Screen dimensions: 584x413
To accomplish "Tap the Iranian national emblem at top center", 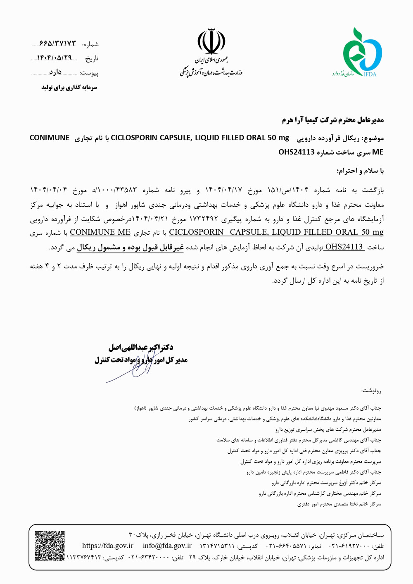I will click(211, 42).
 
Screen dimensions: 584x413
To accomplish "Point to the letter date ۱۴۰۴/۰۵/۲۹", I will click(55, 58).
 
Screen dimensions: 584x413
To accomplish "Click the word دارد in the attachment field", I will click(55, 72).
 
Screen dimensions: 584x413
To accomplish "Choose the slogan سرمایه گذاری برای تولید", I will click(69, 88).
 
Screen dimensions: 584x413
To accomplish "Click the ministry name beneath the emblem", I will click(211, 71).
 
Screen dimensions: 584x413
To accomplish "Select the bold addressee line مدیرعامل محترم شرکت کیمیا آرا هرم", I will click(333, 120).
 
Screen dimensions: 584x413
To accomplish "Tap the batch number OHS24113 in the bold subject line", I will click(297, 152).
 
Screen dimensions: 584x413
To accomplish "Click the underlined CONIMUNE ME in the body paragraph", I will click(100, 232).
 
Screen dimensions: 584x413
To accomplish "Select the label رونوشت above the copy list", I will click(372, 391).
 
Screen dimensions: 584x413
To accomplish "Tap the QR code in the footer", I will click(50, 546).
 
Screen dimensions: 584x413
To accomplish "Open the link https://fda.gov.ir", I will click(108, 546).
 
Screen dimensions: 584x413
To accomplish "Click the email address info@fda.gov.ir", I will click(167, 546).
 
